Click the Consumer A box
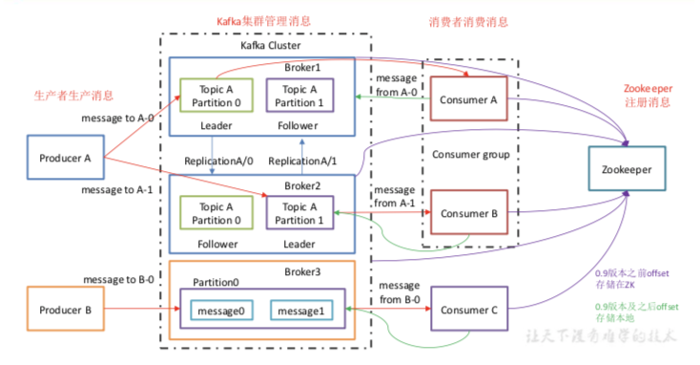point(469,98)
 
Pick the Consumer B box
point(469,214)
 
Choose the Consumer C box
point(469,310)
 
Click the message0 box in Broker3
point(221,311)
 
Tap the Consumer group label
point(469,155)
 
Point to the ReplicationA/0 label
point(220,160)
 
